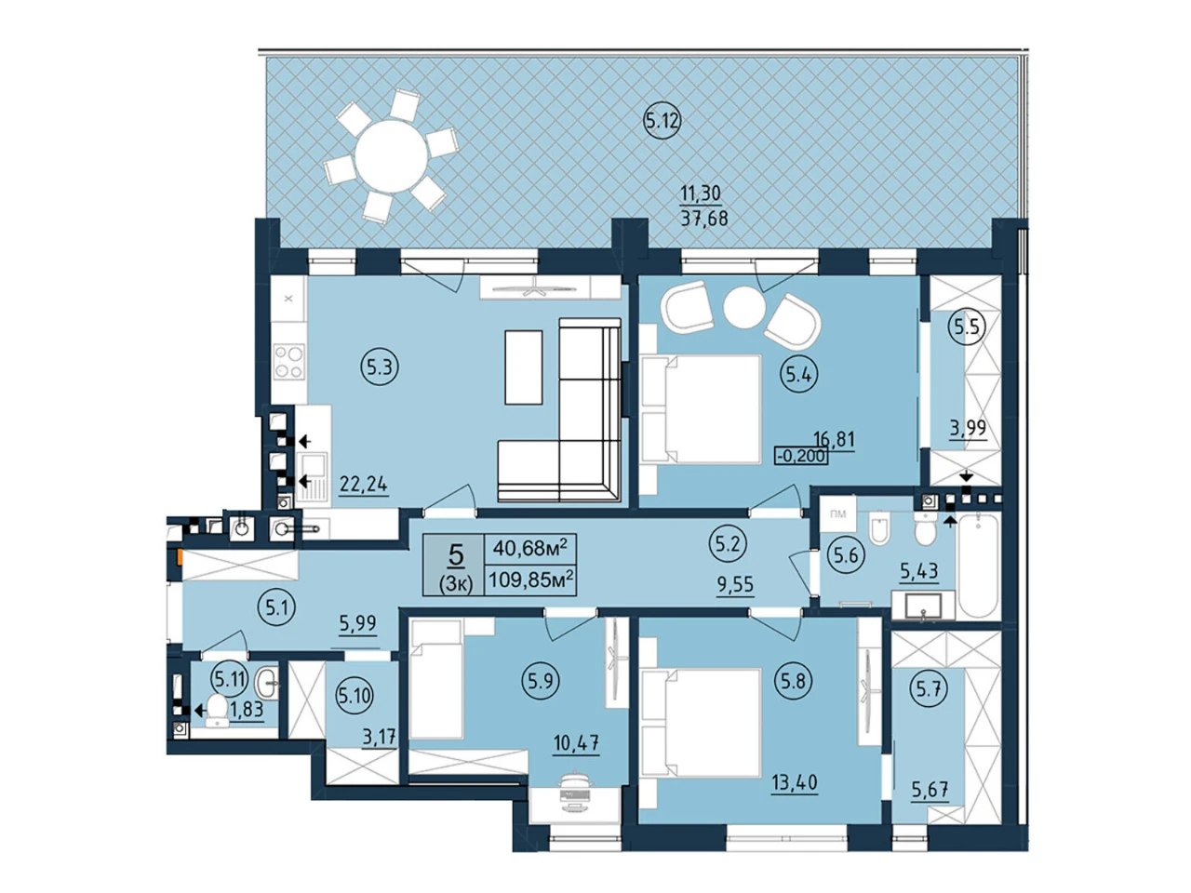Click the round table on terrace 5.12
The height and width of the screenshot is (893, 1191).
(x=391, y=156)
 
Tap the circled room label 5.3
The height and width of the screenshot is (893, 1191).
(x=380, y=368)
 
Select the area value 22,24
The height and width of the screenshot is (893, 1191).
(x=364, y=483)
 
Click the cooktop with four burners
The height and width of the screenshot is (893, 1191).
(x=288, y=362)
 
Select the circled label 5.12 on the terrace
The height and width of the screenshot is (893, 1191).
(x=662, y=121)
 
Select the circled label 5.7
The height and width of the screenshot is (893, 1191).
(x=929, y=690)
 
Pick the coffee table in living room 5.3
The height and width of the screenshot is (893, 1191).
(x=524, y=367)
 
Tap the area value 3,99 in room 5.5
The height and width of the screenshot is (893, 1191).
(x=968, y=428)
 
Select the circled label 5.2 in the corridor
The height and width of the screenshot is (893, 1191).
(x=728, y=544)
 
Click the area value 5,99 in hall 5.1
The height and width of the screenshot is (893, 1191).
(x=358, y=624)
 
